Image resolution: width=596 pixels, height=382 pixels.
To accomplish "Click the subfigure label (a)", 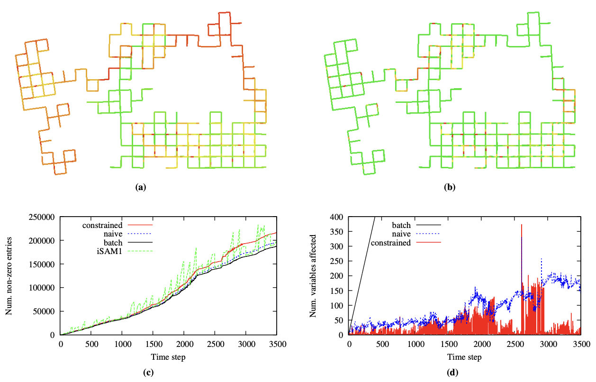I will tap(140, 187).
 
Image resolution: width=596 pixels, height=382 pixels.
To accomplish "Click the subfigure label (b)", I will tap(449, 187).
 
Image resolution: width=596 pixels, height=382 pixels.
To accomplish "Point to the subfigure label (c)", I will tap(148, 373).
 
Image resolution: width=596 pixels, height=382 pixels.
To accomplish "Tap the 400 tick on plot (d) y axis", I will tap(337, 218).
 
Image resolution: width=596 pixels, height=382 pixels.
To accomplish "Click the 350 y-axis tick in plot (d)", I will tap(337, 232).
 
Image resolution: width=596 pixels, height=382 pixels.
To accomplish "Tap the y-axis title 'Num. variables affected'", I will tap(313, 276).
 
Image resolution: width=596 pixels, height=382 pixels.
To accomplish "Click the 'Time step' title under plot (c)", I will tap(168, 356).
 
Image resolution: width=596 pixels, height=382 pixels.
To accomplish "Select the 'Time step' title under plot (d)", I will tap(465, 356).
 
